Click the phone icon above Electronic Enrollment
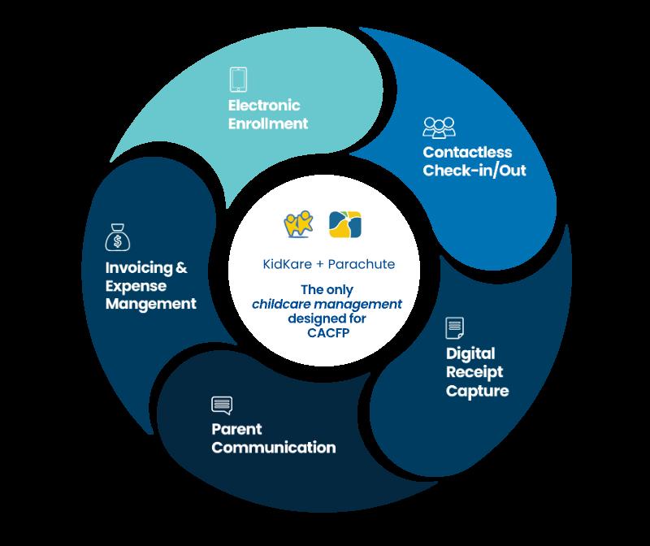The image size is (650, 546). [x=238, y=80]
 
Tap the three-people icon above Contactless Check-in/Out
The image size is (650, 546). [x=440, y=128]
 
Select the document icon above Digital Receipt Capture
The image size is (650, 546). [x=455, y=329]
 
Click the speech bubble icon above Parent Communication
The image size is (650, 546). [x=222, y=405]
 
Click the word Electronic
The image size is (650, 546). [x=264, y=106]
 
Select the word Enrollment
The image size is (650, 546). [x=267, y=124]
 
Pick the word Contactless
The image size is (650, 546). [x=466, y=152]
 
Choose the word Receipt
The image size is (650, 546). [x=474, y=372]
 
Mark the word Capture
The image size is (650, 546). [x=477, y=391]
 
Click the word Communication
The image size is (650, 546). [x=273, y=447]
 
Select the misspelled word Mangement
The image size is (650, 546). [x=151, y=305]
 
